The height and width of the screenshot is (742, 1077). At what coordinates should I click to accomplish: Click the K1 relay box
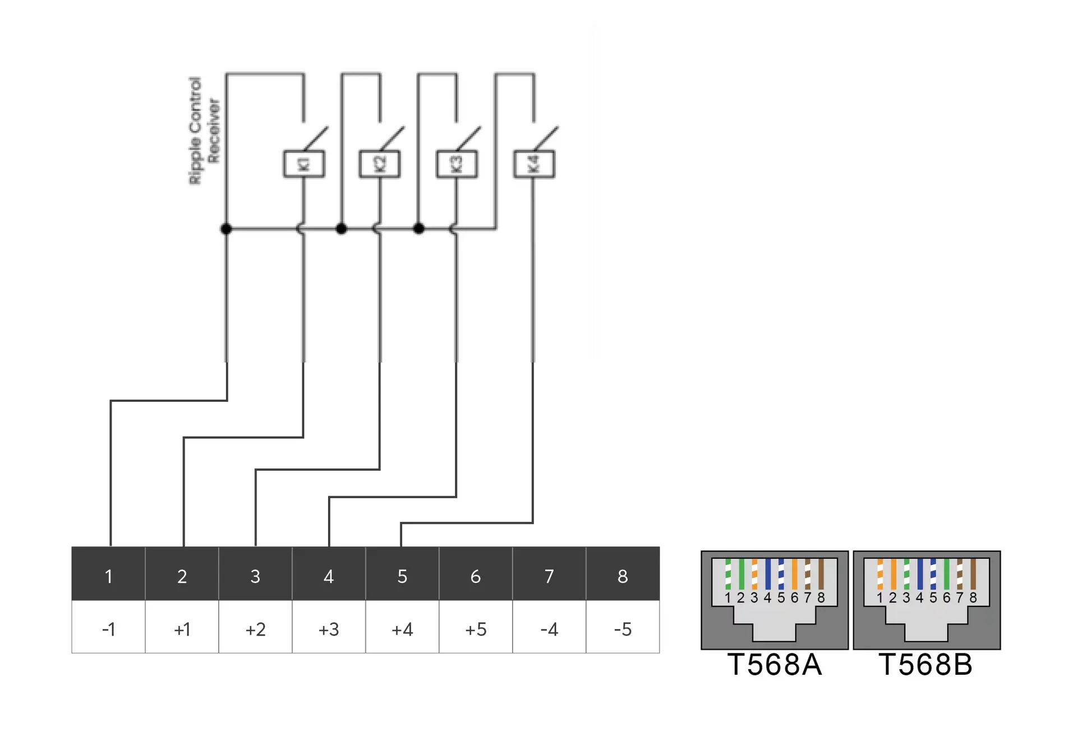click(303, 164)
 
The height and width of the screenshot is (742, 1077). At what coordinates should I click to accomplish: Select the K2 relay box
click(380, 164)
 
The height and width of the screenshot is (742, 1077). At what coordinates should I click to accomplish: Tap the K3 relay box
click(457, 164)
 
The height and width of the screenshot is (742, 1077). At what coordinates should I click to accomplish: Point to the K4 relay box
click(533, 164)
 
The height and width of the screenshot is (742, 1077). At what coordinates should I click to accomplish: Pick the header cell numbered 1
click(108, 576)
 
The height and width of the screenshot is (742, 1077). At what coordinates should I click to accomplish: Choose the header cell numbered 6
click(475, 576)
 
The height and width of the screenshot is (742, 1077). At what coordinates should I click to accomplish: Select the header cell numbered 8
click(622, 576)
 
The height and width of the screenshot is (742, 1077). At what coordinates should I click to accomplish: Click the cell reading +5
click(475, 629)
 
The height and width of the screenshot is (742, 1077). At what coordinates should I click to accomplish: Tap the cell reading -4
click(549, 629)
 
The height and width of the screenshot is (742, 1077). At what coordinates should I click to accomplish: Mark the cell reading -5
click(622, 629)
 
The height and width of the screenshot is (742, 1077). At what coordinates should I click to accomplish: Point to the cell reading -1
click(108, 629)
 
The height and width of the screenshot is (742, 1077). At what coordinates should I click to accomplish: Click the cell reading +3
click(328, 629)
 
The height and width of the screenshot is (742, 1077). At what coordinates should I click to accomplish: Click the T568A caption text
click(774, 665)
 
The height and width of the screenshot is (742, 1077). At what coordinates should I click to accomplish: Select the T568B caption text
click(926, 665)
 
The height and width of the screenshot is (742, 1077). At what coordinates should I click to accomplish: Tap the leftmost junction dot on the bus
click(226, 229)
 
